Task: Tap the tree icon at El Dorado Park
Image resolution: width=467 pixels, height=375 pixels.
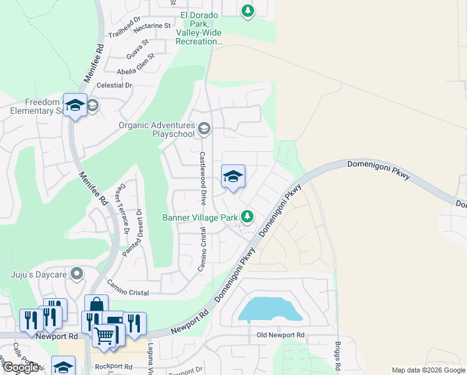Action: tap(248, 11)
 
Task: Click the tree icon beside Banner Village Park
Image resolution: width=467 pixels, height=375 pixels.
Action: tap(248, 217)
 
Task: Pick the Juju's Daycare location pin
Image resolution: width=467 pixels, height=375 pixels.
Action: tap(77, 273)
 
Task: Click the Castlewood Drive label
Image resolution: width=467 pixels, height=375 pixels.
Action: tap(202, 178)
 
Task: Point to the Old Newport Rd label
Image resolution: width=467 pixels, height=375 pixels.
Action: tap(280, 336)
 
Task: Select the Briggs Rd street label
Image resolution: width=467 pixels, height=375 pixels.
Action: tap(338, 354)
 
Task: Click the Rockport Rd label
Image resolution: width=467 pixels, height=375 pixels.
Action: tap(111, 367)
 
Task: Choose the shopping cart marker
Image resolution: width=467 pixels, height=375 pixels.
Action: tap(104, 336)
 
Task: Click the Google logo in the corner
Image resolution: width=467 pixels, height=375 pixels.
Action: tap(20, 367)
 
